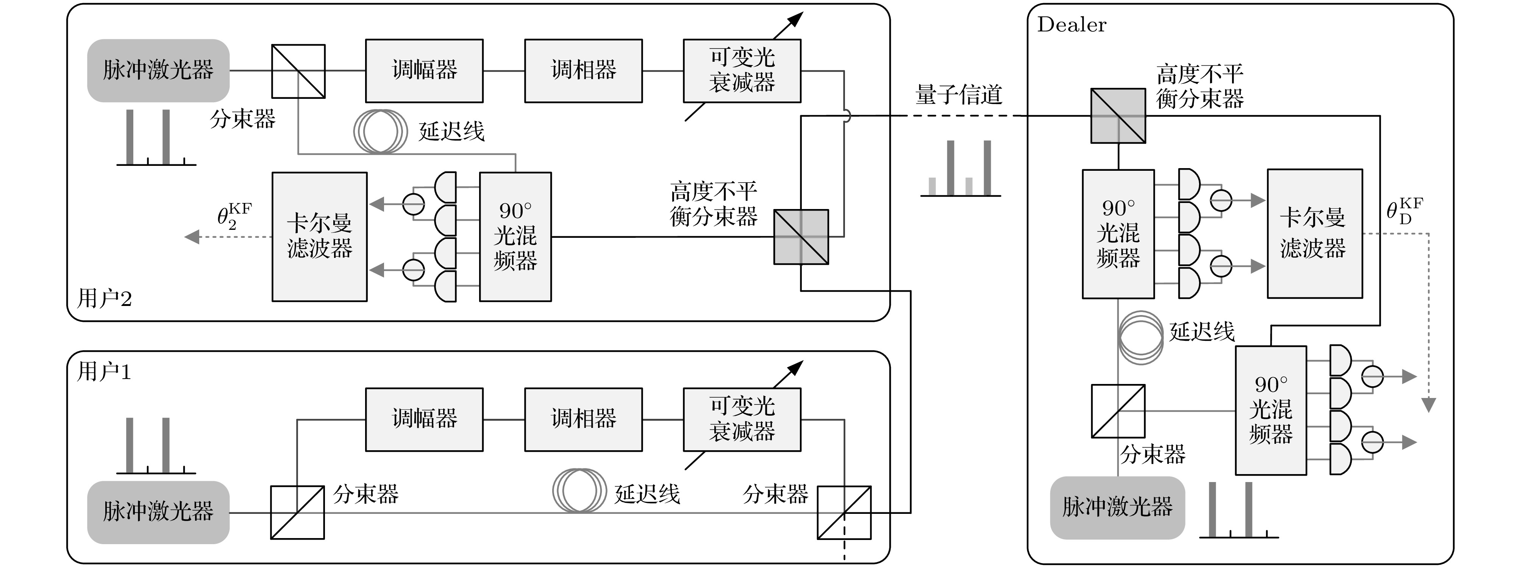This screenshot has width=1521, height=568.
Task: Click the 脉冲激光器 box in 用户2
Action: point(158,70)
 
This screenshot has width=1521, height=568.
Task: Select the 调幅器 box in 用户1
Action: point(424,419)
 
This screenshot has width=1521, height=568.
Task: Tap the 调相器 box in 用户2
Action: point(583,71)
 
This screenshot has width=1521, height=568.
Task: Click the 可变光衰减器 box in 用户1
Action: point(742,419)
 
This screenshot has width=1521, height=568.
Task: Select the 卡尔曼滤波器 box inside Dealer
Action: point(1314,234)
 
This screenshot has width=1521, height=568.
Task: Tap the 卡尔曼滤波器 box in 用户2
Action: point(319,237)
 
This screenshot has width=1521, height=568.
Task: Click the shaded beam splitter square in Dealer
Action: point(1118,116)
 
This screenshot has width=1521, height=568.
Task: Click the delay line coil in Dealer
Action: point(1141,338)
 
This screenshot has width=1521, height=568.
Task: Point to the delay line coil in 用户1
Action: point(579,491)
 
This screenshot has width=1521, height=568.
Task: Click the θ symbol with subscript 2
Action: point(233,216)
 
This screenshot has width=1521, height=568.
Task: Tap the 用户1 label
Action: point(104,372)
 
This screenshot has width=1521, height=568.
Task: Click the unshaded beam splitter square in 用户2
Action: point(298,71)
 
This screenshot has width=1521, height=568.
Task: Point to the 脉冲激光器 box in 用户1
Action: point(158,512)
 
